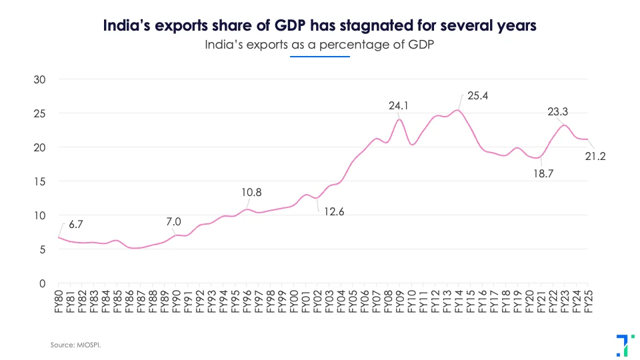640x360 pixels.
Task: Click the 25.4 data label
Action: pos(478,96)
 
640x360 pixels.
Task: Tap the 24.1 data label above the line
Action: pos(399,105)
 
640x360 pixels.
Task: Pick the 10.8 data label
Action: pos(251,193)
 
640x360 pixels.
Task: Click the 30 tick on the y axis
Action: pos(39,79)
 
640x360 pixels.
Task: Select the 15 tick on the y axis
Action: pos(39,181)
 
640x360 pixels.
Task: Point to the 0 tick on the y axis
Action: pos(42,283)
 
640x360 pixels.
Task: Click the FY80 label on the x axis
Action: pos(59,301)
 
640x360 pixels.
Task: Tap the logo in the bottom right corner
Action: pos(621,344)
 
